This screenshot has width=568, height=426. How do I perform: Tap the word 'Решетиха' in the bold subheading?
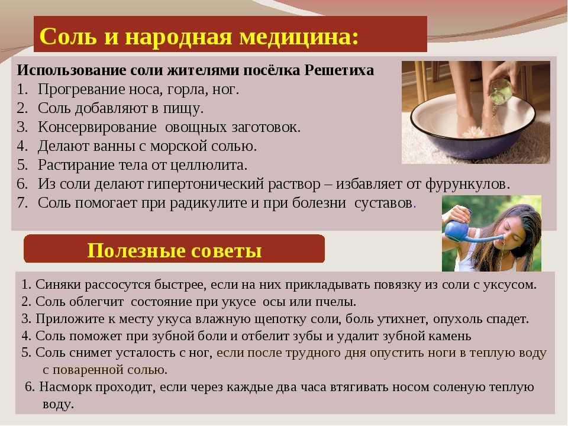(339, 70)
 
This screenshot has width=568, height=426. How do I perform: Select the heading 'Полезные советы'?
(174, 250)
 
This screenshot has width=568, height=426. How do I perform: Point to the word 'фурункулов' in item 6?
(467, 185)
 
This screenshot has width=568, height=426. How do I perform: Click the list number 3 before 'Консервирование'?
(22, 127)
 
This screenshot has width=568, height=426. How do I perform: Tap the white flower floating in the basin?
(474, 132)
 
